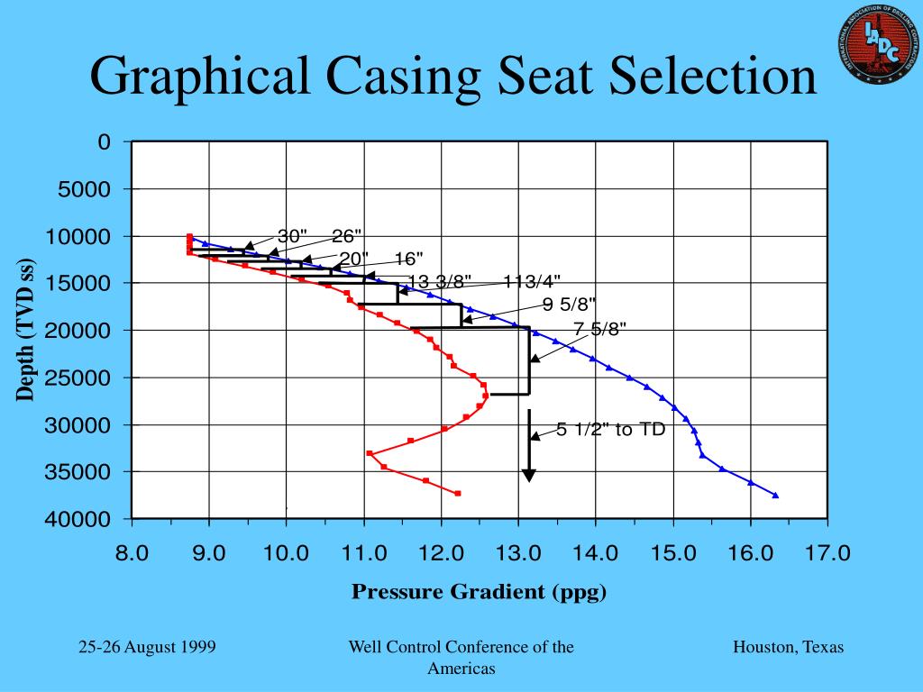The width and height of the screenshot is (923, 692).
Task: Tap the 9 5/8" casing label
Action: [x=569, y=304]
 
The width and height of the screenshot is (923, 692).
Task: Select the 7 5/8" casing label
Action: [x=599, y=328]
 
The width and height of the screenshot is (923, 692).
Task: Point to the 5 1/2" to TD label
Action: [x=610, y=430]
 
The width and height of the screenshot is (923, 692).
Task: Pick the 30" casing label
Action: [x=292, y=236]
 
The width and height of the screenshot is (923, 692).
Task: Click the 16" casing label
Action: [x=407, y=259]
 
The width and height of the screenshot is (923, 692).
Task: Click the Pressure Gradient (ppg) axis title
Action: [x=479, y=592]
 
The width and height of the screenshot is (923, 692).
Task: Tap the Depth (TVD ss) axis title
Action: [x=25, y=330]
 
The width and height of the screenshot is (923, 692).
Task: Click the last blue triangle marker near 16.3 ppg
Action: [x=775, y=496]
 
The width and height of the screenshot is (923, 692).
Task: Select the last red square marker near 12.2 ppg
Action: [x=458, y=493]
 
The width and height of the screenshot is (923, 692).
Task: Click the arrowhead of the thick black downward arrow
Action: [x=529, y=475]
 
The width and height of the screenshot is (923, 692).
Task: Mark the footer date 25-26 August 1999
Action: [x=146, y=648]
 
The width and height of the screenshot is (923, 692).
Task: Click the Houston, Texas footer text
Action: [x=788, y=648]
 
